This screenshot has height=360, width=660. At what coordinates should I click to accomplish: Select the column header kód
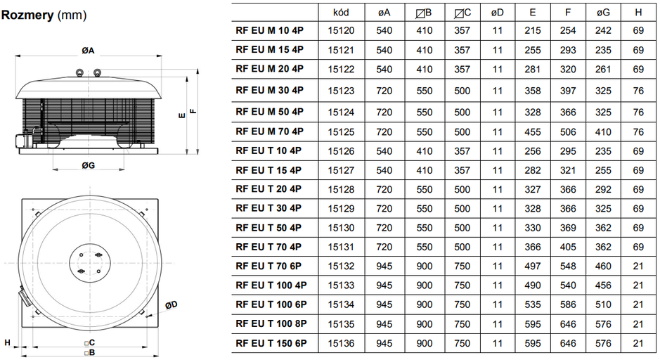click(x=342, y=12)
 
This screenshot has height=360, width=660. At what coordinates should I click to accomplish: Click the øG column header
click(x=602, y=12)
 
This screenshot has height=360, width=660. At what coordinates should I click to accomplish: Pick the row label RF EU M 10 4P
click(x=269, y=31)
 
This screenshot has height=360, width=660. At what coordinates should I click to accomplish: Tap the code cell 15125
click(x=342, y=131)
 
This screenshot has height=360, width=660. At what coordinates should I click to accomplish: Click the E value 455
click(x=533, y=131)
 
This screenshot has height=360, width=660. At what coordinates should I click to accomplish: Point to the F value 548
click(x=568, y=266)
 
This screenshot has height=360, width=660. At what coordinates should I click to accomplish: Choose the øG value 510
click(x=603, y=305)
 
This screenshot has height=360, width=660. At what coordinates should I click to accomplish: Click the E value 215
click(x=533, y=31)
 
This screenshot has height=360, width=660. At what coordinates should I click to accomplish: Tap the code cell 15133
click(x=342, y=285)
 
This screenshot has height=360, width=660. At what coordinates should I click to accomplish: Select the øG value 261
click(x=603, y=70)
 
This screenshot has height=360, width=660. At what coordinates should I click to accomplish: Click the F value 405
click(x=568, y=247)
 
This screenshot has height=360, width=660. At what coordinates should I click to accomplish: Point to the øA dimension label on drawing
click(x=88, y=50)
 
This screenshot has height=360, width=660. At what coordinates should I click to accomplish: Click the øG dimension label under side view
click(x=88, y=165)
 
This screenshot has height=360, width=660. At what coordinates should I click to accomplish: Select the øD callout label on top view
click(x=171, y=304)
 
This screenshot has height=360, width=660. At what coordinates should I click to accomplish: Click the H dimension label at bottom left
click(x=6, y=342)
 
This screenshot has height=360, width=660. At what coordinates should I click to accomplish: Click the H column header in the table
click(x=638, y=12)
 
